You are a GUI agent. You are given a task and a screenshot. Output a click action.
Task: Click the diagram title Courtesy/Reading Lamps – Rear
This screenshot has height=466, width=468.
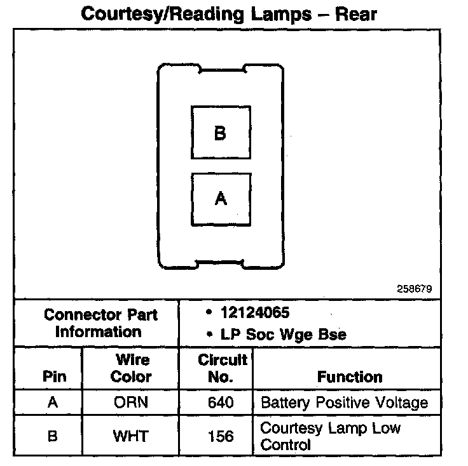point(229,13)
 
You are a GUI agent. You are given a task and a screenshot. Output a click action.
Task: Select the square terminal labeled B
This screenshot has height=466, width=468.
point(221,133)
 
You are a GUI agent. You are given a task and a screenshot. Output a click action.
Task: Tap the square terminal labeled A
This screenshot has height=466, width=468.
point(221,199)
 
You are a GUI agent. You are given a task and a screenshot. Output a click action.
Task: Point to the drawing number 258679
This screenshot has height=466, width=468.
point(415,288)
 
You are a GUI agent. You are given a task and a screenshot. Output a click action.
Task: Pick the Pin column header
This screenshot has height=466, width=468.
point(54,376)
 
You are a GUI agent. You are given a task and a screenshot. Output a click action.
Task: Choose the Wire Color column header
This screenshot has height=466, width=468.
point(131,368)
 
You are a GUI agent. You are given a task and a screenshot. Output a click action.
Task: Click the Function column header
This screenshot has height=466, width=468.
point(349,376)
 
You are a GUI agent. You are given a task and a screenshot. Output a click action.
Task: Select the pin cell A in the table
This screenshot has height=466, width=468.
point(53,403)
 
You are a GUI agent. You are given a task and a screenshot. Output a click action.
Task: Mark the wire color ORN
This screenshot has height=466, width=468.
point(131,403)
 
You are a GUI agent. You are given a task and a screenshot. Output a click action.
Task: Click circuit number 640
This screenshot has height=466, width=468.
point(221,403)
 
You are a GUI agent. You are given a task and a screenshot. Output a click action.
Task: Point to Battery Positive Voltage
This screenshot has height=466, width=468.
point(344,403)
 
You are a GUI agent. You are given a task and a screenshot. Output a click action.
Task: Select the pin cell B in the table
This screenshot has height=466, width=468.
point(53,436)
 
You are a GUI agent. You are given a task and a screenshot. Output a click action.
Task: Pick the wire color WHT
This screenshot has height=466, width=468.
point(131,436)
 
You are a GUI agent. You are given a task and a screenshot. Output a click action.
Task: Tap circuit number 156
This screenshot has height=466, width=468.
point(221,436)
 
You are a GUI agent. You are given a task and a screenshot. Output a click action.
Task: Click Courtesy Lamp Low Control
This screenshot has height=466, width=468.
point(330,436)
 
